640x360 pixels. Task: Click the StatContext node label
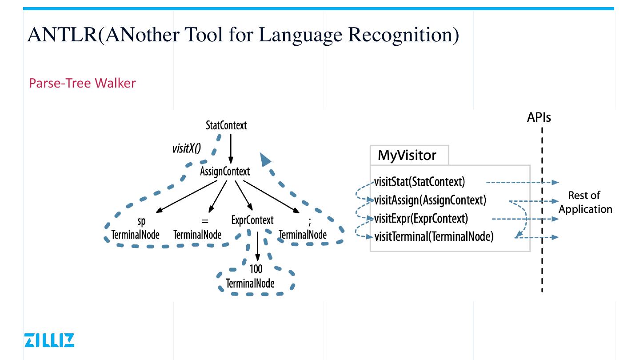click(226, 126)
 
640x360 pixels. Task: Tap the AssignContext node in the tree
click(225, 172)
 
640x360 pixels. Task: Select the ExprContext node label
click(252, 220)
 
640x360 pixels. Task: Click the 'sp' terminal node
click(135, 228)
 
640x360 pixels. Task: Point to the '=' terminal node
click(197, 228)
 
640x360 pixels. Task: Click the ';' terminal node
click(303, 228)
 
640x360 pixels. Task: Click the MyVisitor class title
click(407, 156)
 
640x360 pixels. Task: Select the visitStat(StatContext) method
click(419, 182)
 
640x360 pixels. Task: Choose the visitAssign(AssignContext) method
click(430, 200)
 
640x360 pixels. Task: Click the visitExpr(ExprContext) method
click(421, 218)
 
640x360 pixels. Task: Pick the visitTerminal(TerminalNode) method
click(433, 236)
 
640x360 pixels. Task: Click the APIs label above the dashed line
click(539, 117)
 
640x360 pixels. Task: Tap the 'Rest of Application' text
click(585, 202)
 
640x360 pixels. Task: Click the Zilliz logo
click(49, 340)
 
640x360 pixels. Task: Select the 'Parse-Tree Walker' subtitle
click(82, 83)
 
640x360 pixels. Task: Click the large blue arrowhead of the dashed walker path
click(265, 159)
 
